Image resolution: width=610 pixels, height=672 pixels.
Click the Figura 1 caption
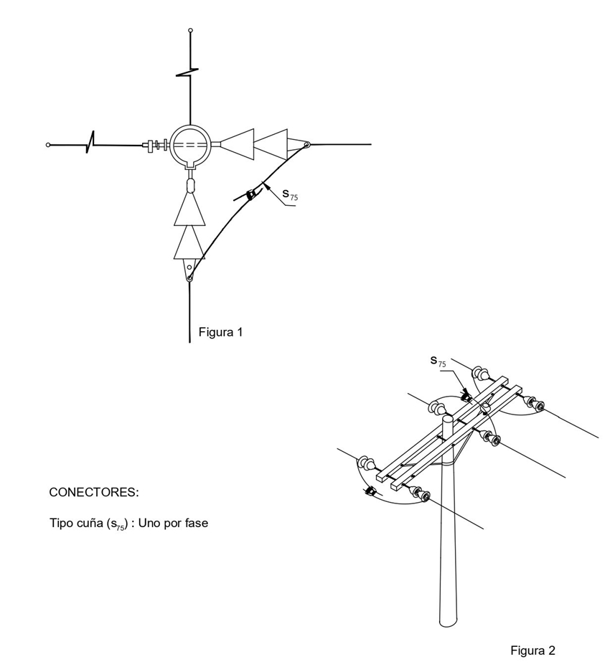(x=221, y=332)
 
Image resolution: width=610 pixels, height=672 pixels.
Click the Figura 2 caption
(x=532, y=650)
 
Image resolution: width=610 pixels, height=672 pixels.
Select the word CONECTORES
(x=93, y=493)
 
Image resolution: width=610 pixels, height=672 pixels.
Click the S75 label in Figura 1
(x=290, y=194)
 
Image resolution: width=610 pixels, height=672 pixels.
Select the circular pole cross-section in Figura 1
(x=190, y=144)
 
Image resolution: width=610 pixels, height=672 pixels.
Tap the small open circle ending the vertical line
(x=190, y=30)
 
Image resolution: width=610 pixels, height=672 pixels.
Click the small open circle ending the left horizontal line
(x=48, y=145)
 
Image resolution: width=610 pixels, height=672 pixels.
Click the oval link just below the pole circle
(x=190, y=185)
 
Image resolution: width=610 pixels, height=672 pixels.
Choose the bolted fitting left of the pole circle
(x=155, y=145)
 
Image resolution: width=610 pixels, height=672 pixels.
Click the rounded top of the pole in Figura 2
(x=447, y=419)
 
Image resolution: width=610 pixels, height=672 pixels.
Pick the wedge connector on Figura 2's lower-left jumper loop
(x=370, y=491)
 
